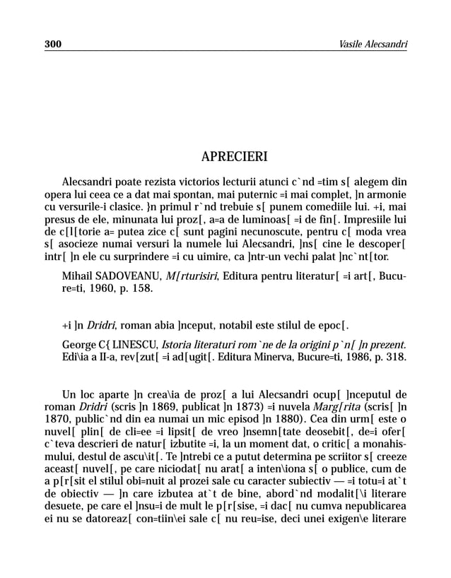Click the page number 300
click(53, 45)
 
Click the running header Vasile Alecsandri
click(373, 45)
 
